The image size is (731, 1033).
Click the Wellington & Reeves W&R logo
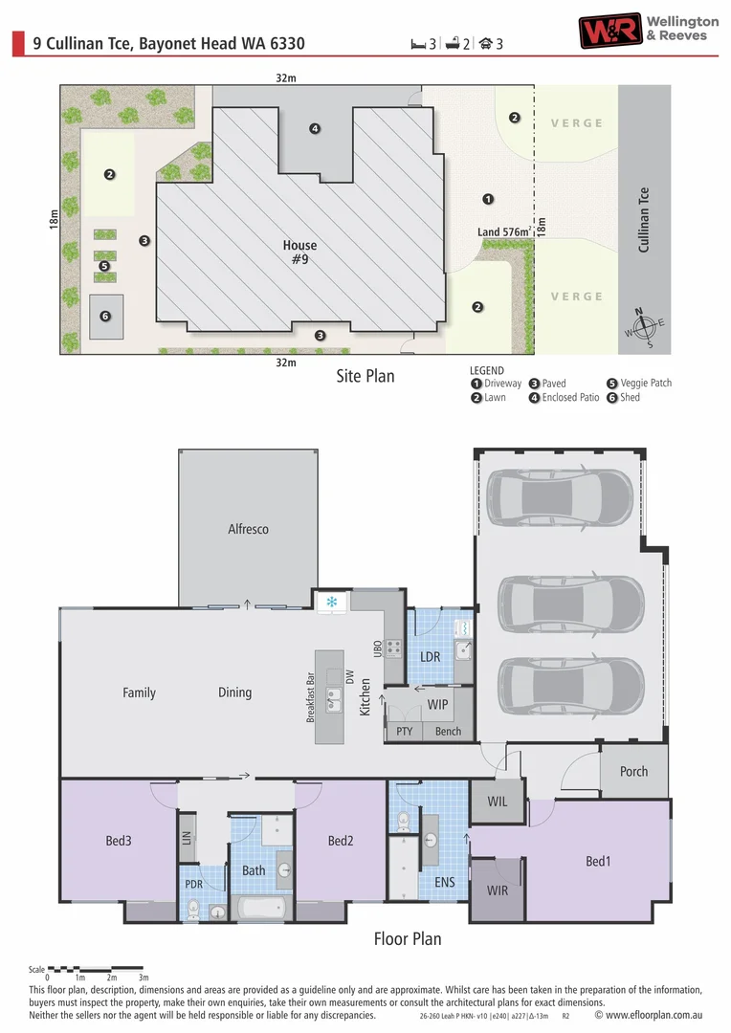[610, 31]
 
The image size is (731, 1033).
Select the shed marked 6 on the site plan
[106, 317]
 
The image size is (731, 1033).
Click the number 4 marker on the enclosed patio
[315, 128]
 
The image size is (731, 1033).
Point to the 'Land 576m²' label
[504, 231]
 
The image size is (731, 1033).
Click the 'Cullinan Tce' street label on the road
[643, 219]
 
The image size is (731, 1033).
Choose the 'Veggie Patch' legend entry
[639, 383]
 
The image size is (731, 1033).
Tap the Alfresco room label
[248, 528]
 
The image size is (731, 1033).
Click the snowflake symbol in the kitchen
[332, 602]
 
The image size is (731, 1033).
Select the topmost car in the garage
[560, 496]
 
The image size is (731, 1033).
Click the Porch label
[633, 772]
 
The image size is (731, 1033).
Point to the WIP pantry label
[437, 704]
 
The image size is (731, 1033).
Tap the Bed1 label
[598, 861]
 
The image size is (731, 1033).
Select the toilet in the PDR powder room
[192, 910]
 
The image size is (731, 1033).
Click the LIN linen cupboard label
[187, 838]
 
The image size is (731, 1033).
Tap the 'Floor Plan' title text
[408, 939]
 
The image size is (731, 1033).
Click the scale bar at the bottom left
[96, 969]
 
